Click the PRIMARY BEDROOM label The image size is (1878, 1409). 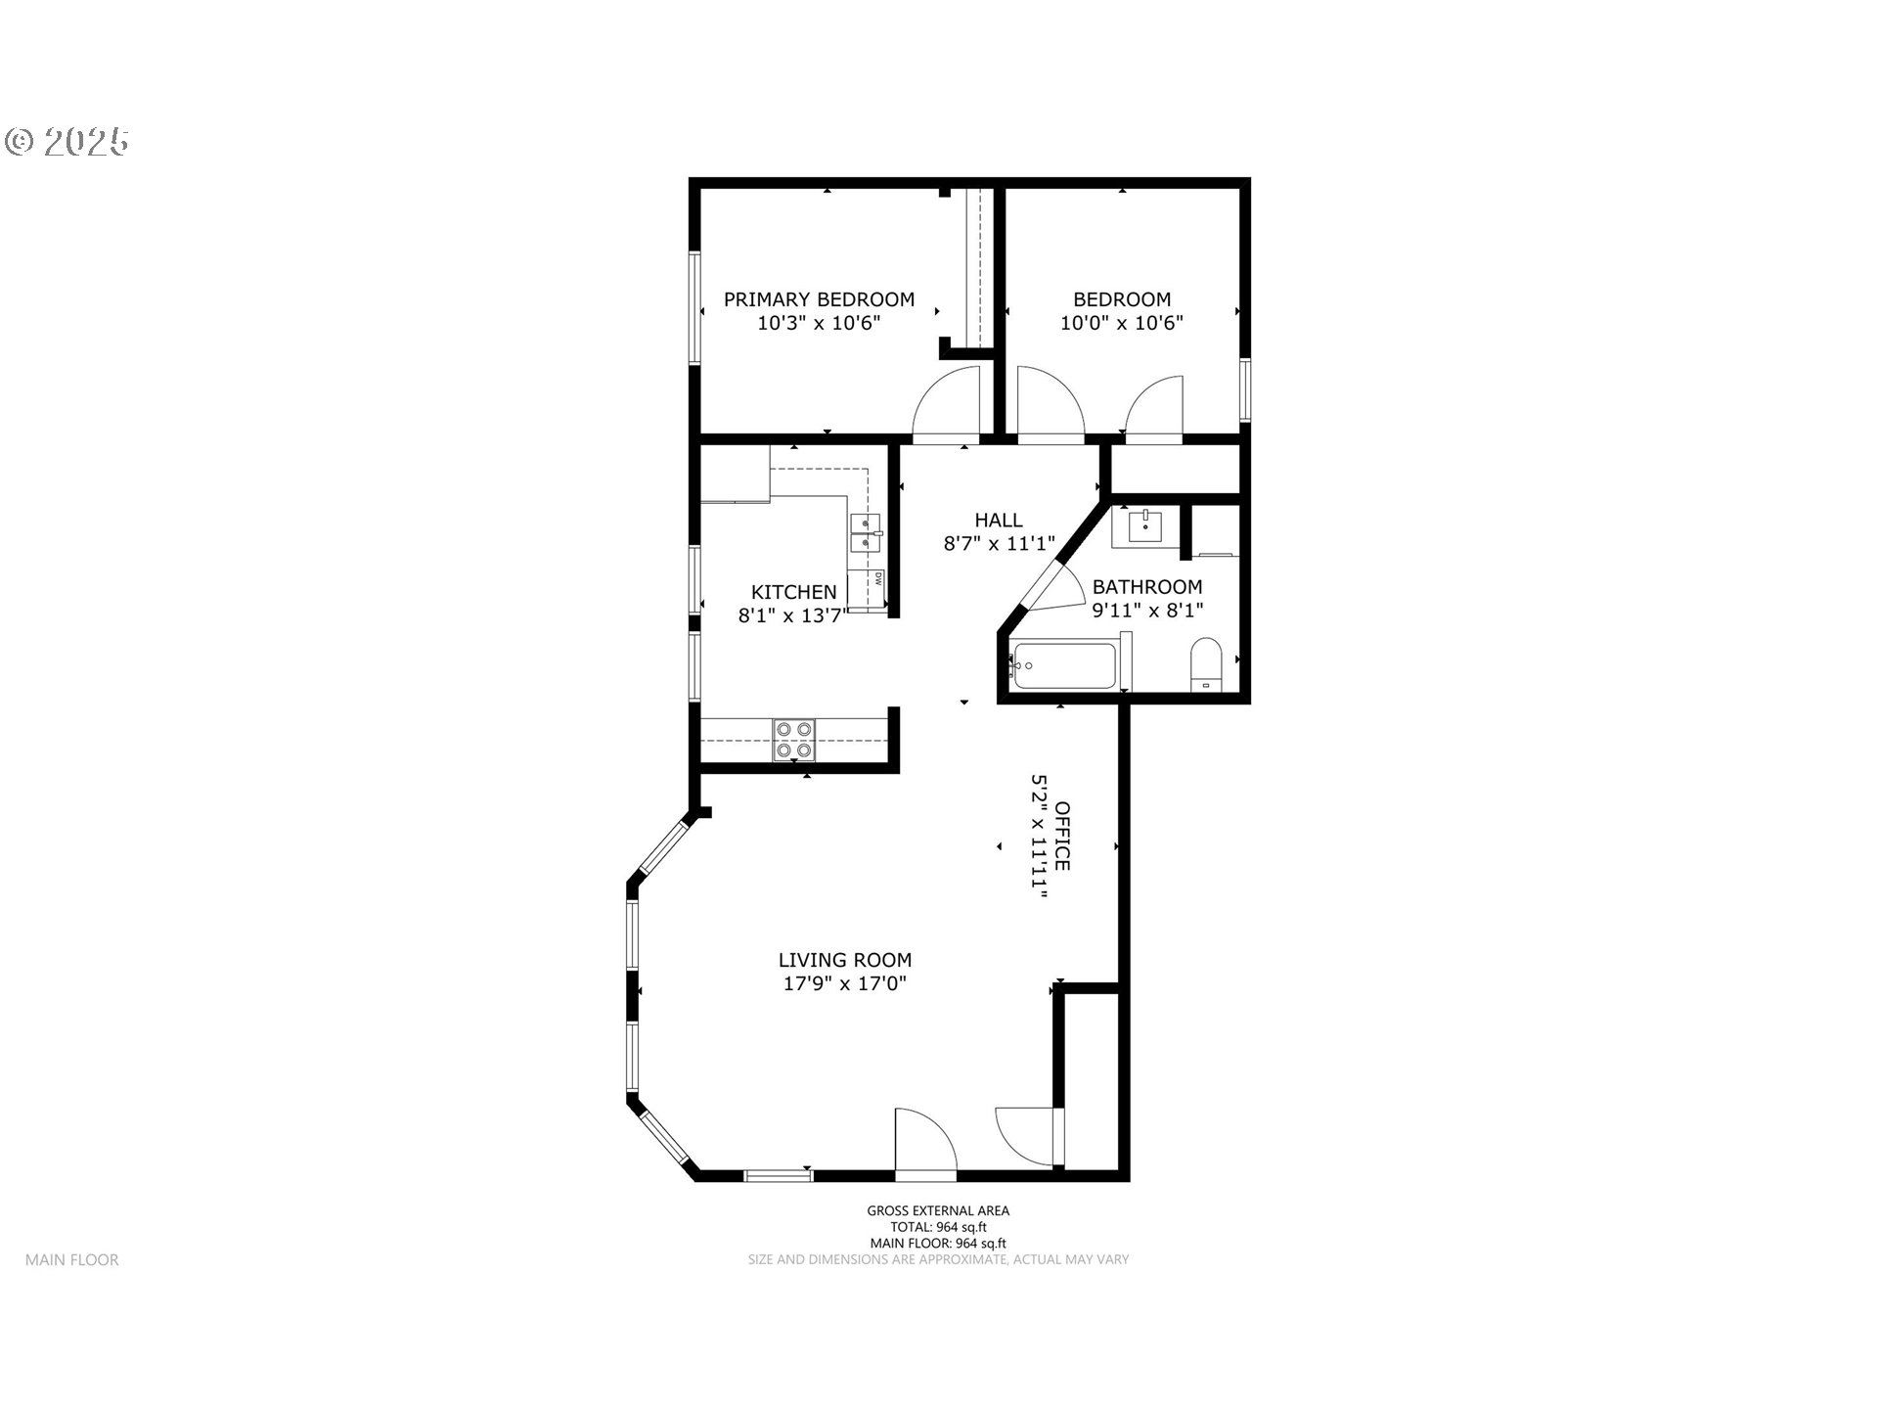tap(819, 299)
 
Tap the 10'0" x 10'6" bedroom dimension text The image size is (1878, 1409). tap(1121, 323)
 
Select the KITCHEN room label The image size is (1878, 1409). tap(793, 592)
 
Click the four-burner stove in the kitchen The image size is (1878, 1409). tap(793, 740)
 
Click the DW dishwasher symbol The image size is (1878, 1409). tap(878, 578)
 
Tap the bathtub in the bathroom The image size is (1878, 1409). tap(1064, 666)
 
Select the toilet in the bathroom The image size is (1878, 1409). tap(1206, 664)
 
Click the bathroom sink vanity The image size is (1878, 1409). tap(1144, 526)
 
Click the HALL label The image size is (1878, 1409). tap(998, 521)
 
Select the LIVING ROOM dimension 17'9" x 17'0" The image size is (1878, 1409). tap(845, 983)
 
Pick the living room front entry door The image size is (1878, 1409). tap(923, 1141)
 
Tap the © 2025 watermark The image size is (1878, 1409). tap(67, 142)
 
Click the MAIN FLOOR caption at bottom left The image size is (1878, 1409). tap(72, 1260)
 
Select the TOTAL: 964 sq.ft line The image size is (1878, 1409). tap(937, 1227)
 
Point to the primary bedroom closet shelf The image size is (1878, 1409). tap(973, 266)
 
